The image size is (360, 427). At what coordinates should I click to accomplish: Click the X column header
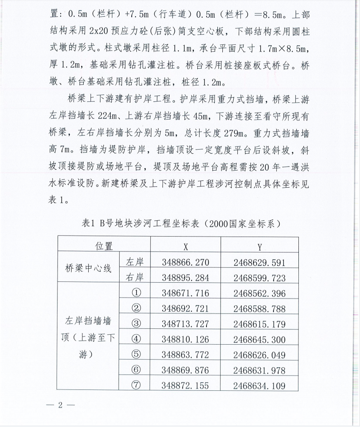[x=185, y=247]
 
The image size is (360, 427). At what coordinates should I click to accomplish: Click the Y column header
[x=259, y=247]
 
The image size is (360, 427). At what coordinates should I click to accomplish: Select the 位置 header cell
[x=104, y=247]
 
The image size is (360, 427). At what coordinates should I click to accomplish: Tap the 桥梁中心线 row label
[x=88, y=269]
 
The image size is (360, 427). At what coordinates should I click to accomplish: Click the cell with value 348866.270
[x=185, y=262]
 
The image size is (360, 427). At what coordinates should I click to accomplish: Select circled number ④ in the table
[x=136, y=339]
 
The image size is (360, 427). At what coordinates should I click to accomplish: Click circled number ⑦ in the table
[x=136, y=385]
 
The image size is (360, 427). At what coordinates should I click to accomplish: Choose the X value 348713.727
[x=185, y=324]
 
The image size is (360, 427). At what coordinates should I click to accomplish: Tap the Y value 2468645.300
[x=259, y=339]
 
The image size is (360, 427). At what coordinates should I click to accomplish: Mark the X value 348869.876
[x=185, y=370]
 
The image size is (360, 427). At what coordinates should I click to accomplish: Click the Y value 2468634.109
[x=259, y=385]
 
